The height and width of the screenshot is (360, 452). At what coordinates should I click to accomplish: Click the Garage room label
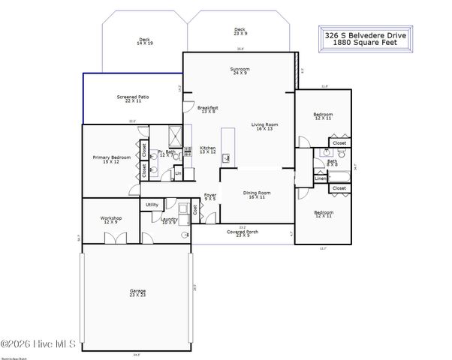coord(137,292)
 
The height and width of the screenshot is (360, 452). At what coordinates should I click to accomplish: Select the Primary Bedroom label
coord(111,159)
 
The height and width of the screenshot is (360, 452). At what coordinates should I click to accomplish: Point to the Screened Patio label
coord(128,97)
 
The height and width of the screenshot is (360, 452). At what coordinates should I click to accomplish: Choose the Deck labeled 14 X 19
coord(144,42)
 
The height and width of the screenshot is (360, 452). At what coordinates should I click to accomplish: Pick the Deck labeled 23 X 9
coord(240,31)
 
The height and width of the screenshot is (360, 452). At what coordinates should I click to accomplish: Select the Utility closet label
coord(152,205)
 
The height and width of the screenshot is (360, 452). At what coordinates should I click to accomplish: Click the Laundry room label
coord(169,220)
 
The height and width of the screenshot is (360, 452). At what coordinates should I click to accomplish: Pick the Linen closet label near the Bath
coord(321,178)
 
